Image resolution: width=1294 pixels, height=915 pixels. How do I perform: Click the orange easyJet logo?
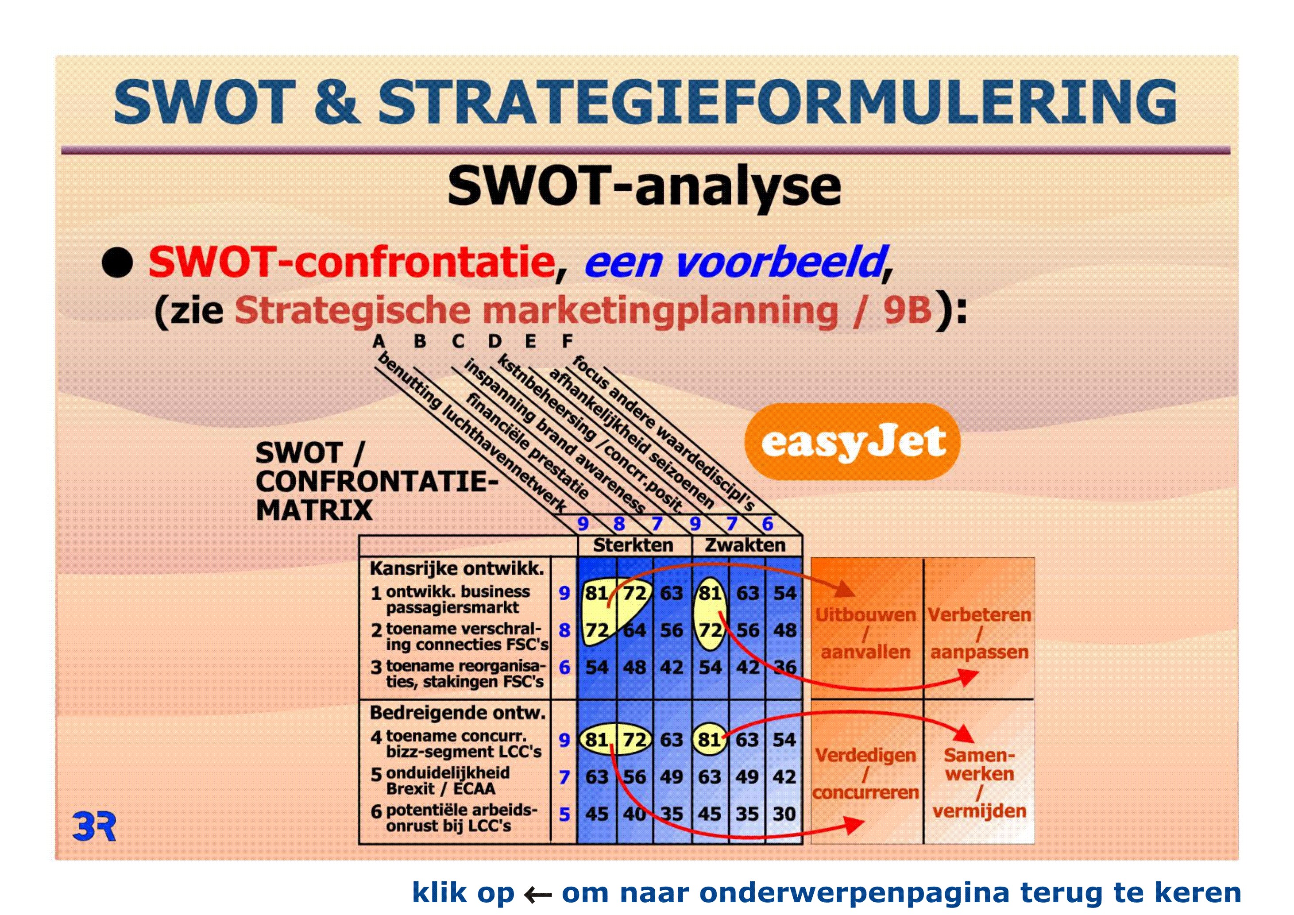pos(852,442)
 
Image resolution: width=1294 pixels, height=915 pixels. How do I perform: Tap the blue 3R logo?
pos(94,826)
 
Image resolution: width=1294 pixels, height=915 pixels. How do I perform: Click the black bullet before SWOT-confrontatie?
pos(117,263)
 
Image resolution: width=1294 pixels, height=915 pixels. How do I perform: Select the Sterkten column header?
pos(633,545)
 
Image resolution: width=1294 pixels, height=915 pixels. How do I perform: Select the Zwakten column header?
pos(745,545)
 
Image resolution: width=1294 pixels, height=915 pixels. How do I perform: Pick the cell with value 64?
pos(634,630)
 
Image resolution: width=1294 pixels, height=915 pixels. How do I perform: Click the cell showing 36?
pos(784,667)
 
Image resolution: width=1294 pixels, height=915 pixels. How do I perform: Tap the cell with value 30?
pos(784,814)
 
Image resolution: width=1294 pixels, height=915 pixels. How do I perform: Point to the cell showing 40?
pos(634,814)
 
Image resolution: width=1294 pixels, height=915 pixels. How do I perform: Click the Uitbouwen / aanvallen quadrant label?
pos(865,633)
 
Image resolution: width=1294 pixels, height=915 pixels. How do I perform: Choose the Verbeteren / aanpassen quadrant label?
pos(980,633)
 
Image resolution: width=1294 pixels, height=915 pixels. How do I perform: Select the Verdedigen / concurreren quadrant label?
pos(865,774)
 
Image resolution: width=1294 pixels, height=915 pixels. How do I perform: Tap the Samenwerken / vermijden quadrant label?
pos(980,783)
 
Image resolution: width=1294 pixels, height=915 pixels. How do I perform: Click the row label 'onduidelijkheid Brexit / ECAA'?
pos(448,780)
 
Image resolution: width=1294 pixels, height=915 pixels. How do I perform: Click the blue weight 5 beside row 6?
pos(564,814)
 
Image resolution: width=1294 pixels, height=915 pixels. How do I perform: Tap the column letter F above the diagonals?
pos(567,341)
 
